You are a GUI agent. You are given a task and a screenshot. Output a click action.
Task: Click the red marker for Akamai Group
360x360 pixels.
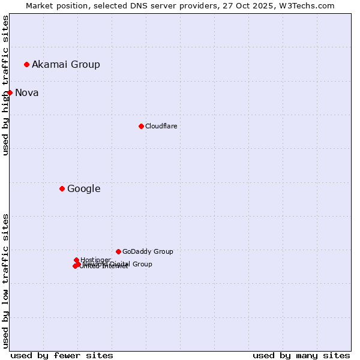pos(26,64)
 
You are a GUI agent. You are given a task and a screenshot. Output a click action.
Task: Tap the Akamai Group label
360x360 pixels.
pos(66,64)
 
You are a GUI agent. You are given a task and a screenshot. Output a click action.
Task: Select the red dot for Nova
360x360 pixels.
pos(10,92)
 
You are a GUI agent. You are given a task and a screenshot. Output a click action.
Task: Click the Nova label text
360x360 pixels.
pos(27,92)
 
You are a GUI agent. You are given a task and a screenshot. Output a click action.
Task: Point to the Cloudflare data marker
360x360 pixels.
pos(141,126)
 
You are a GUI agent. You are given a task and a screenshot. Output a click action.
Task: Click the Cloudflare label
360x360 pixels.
pos(161,126)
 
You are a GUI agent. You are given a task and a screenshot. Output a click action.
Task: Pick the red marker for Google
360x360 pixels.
pos(62,188)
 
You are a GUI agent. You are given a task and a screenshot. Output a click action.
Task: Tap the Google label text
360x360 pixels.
pos(84,188)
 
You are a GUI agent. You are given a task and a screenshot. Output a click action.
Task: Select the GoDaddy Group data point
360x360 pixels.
pos(118,251)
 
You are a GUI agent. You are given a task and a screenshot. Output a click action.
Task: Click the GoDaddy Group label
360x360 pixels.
pos(148,251)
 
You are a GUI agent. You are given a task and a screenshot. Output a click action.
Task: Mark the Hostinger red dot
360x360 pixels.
pos(76,260)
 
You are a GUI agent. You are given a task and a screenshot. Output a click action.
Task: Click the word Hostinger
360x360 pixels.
pos(96,260)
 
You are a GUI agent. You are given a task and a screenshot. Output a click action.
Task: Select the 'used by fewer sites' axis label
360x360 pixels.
pos(62,355)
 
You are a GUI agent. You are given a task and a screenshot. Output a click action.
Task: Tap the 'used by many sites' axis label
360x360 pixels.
pos(301,355)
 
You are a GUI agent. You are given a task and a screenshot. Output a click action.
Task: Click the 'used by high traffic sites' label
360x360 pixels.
pos(5,85)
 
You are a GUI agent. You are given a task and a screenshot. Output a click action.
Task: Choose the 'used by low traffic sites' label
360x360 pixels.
pos(5,281)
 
